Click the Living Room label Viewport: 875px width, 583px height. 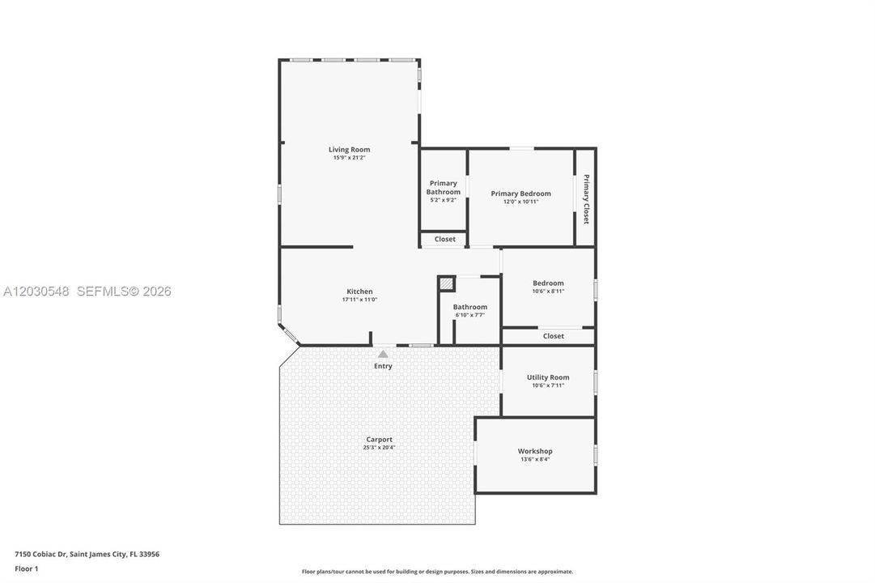coord(350,150)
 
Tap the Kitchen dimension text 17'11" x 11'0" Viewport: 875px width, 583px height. coord(360,300)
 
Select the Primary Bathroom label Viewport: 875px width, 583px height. coord(444,188)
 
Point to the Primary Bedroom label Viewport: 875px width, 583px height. coord(520,194)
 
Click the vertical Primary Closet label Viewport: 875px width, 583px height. coord(586,199)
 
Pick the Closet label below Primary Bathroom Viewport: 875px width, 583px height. coord(444,239)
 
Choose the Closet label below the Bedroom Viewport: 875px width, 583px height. coord(553,336)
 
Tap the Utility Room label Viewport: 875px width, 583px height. coord(548,377)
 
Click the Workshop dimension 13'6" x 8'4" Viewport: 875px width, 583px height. coord(535,460)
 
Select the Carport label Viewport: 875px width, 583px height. coord(380,440)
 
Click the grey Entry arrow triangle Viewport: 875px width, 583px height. coord(383,354)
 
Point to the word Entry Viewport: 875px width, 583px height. coord(383,366)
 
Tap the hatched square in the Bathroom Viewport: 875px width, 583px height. coord(446,283)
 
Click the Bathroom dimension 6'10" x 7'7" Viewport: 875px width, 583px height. coord(469,315)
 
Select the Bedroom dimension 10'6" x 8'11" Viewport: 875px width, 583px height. coord(548,291)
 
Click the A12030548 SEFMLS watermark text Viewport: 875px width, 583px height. coord(87,291)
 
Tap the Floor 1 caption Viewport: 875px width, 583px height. coord(26,569)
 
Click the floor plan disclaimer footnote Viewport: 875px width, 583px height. coord(437,572)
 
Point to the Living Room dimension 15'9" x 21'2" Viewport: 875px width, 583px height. coord(350,158)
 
